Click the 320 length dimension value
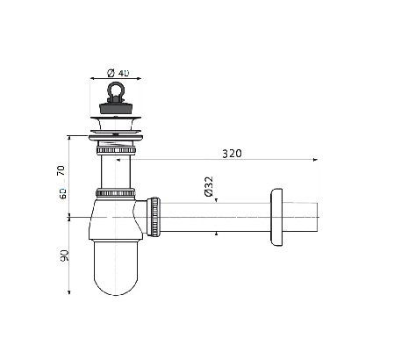232,154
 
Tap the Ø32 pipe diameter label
209,186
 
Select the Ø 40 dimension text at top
118,73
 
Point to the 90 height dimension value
64,256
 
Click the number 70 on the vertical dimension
61,170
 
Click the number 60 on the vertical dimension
62,193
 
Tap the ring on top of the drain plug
116,90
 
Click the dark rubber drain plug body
116,106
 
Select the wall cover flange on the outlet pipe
276,217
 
